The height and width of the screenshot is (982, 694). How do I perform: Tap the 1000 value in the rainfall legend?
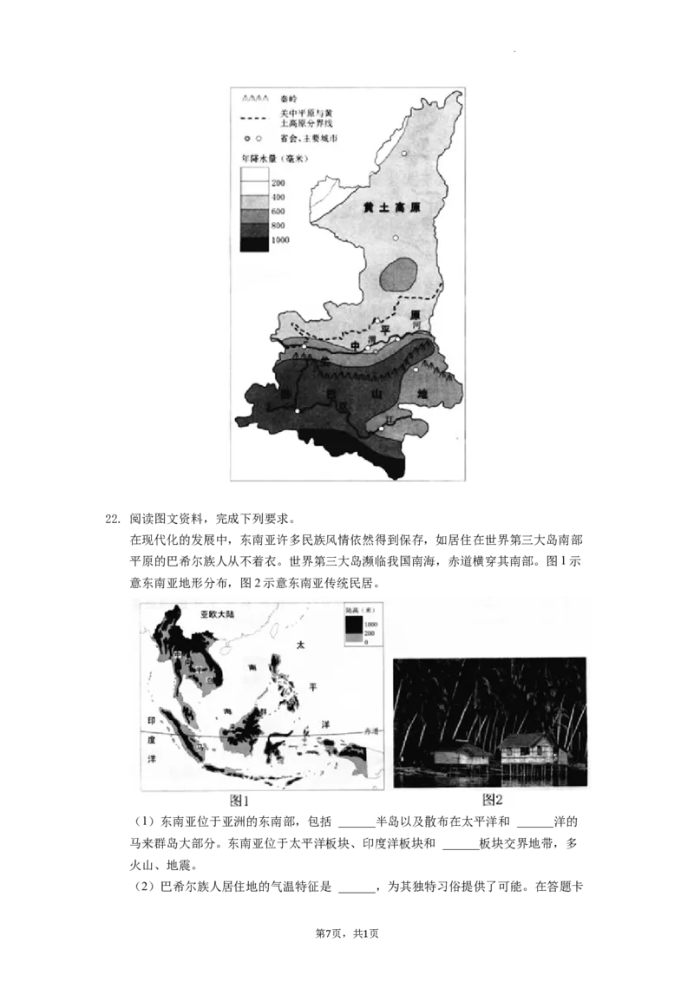pyautogui.click(x=280, y=239)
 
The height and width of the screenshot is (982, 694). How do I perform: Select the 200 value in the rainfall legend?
pyautogui.click(x=278, y=184)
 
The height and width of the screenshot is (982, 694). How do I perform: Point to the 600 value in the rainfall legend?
pyautogui.click(x=278, y=212)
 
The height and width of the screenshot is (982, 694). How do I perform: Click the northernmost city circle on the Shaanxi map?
pyautogui.click(x=403, y=153)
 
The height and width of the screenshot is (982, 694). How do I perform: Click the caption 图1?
pyautogui.click(x=239, y=800)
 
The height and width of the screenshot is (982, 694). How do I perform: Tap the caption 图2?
pyautogui.click(x=492, y=800)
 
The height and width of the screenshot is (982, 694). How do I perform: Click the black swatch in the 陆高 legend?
pyautogui.click(x=353, y=623)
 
